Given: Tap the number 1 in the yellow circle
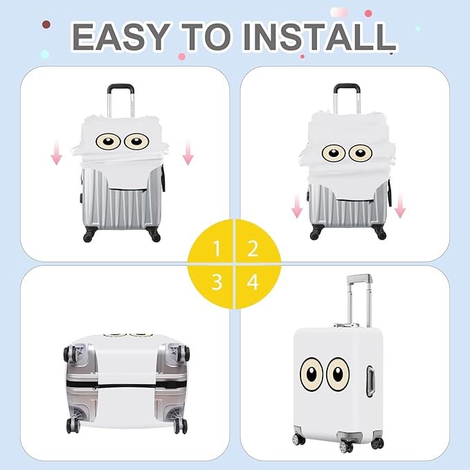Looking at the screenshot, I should click(x=217, y=247).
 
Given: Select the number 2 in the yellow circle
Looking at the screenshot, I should click(x=253, y=247).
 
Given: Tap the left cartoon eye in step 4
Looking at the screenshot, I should click(x=311, y=374).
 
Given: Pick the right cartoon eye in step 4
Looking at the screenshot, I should click(x=338, y=374).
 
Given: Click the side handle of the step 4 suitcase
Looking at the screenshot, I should click(x=374, y=379).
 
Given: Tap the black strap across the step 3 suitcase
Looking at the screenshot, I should click(x=125, y=381).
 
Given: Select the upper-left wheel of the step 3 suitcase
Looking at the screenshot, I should click(x=71, y=354).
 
